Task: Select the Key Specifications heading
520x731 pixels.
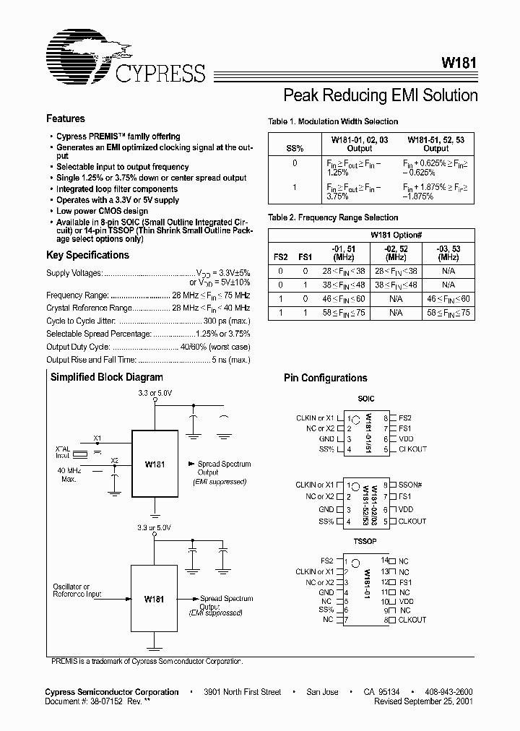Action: coord(87,255)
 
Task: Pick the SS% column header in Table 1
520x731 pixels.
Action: coord(295,147)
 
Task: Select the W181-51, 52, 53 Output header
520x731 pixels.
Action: coord(436,143)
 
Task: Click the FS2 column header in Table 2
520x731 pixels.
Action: coord(280,256)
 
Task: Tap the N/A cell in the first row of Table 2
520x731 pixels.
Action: coord(448,269)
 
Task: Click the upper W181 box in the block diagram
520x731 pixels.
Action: coord(155,464)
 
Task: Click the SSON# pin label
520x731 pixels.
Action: coord(412,485)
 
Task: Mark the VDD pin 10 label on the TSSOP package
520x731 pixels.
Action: coord(406,601)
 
